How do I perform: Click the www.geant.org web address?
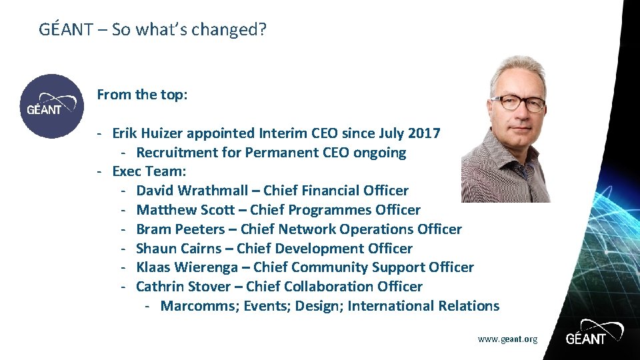coord(507,339)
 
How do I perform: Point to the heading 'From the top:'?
coord(142,95)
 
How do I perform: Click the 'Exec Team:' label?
coord(149,172)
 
